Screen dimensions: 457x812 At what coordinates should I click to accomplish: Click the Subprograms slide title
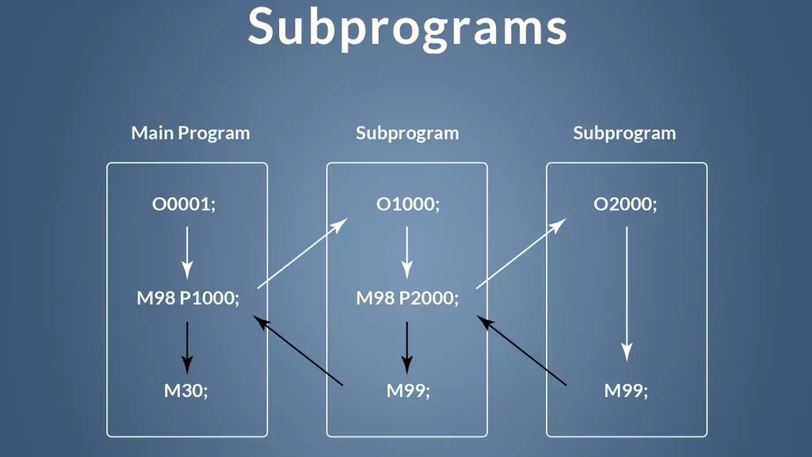(x=407, y=28)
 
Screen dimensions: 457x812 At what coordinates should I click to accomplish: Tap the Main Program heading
(x=191, y=133)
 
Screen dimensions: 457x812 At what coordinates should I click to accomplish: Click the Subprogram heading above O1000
(x=407, y=133)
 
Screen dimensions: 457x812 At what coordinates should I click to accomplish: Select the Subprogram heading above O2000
(x=624, y=133)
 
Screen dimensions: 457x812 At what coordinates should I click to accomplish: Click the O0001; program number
(x=184, y=205)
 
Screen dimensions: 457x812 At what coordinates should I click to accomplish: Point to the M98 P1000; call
(x=188, y=299)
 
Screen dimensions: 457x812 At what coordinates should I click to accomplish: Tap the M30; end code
(x=186, y=391)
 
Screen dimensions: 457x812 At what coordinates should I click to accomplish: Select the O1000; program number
(x=408, y=205)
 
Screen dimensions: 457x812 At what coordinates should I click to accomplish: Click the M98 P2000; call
(x=408, y=299)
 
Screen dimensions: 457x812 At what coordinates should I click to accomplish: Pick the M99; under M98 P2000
(x=408, y=391)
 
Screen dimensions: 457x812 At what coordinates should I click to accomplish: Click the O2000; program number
(x=625, y=205)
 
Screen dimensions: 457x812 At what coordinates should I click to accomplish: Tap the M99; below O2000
(x=626, y=391)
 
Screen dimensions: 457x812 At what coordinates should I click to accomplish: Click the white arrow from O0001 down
(x=187, y=252)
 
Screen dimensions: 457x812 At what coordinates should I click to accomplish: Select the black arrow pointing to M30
(x=187, y=347)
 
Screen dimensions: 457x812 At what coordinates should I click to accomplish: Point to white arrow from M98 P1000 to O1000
(x=302, y=253)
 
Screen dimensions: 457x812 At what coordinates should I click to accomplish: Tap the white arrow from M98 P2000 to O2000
(x=521, y=253)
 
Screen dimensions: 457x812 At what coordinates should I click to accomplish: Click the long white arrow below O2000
(x=627, y=294)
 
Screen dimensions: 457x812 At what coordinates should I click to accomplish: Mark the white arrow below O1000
(x=407, y=252)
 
